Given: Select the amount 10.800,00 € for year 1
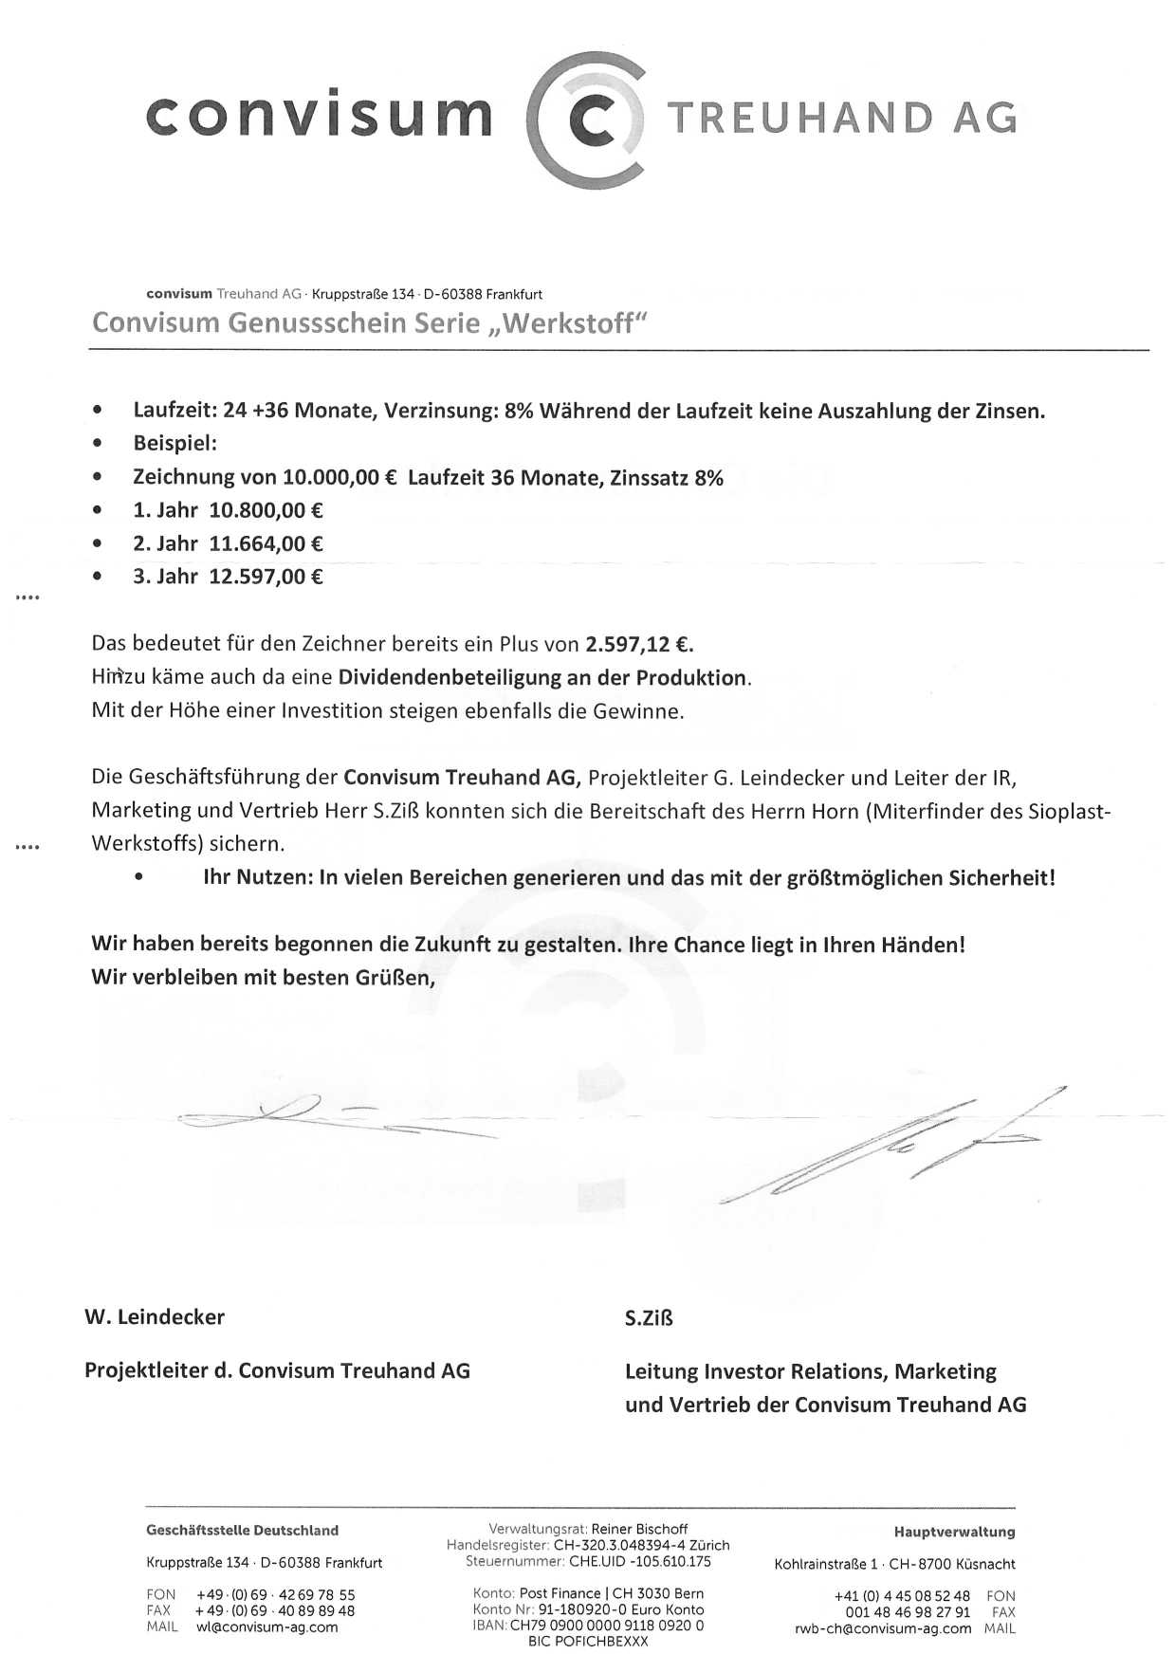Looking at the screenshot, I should pos(266,510).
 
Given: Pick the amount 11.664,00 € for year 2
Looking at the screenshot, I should pos(266,543).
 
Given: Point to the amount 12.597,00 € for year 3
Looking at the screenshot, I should pos(266,577).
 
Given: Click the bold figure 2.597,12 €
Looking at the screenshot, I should pos(639,645).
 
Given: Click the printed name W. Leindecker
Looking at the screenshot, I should pos(155,1317).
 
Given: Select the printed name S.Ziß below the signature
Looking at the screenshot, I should pos(649,1318).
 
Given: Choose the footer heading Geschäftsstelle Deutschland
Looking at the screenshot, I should pos(242,1531).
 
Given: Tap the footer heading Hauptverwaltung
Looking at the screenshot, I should pos(954,1532).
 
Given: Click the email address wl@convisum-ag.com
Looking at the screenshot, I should pos(267,1627).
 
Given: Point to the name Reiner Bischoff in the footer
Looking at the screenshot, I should pos(639,1529).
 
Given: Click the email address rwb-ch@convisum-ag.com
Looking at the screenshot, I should pos(883,1628).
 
